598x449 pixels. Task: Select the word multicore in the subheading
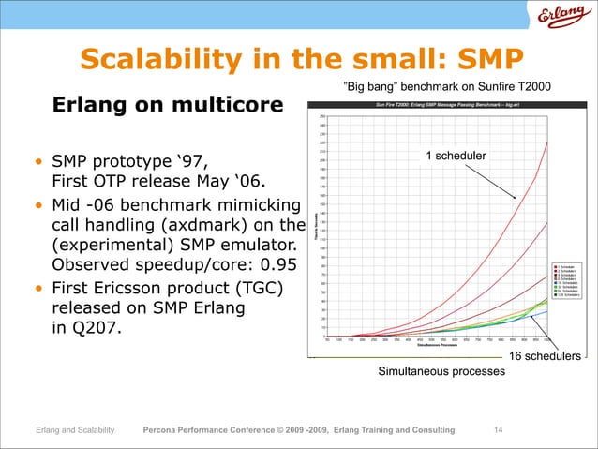(x=231, y=106)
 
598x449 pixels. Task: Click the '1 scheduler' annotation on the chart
(x=456, y=156)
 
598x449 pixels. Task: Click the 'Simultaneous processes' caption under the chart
(x=441, y=372)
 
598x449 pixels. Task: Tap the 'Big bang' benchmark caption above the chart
(x=447, y=87)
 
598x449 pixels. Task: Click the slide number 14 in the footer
(x=498, y=429)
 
